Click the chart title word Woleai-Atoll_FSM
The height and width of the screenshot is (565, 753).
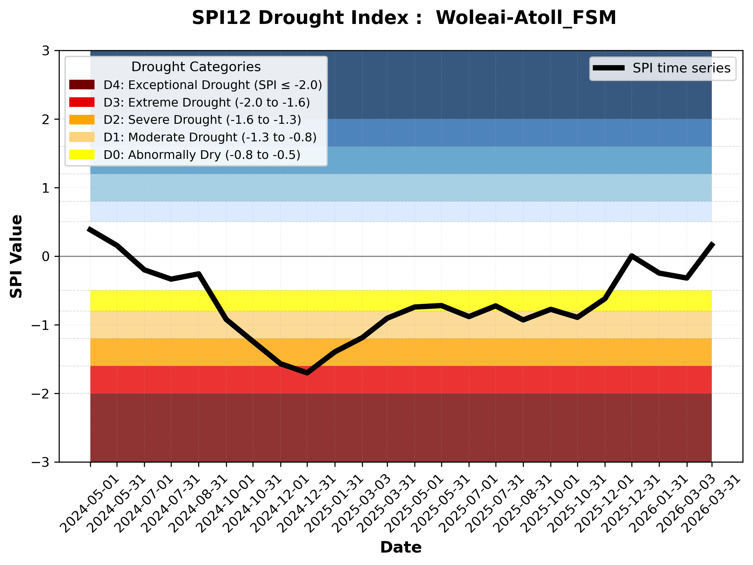(x=526, y=18)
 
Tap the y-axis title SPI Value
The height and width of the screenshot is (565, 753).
(x=16, y=256)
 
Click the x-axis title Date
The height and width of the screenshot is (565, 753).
(x=401, y=547)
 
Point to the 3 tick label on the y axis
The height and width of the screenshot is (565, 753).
(x=46, y=51)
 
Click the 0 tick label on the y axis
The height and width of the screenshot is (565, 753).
(x=46, y=256)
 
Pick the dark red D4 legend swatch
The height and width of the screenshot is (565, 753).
(x=82, y=85)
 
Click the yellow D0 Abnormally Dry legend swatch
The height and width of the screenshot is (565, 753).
(x=82, y=154)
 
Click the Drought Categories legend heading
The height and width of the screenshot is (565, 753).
(x=196, y=67)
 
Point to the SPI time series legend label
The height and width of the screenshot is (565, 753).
(x=681, y=68)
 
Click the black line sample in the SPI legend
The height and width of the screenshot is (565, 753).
(x=609, y=68)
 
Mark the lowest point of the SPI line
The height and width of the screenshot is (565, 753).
(x=307, y=373)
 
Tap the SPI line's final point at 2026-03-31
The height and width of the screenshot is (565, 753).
(x=712, y=244)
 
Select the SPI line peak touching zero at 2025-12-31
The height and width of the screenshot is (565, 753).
(x=631, y=256)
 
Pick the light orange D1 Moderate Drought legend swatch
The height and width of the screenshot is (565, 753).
(x=82, y=137)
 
